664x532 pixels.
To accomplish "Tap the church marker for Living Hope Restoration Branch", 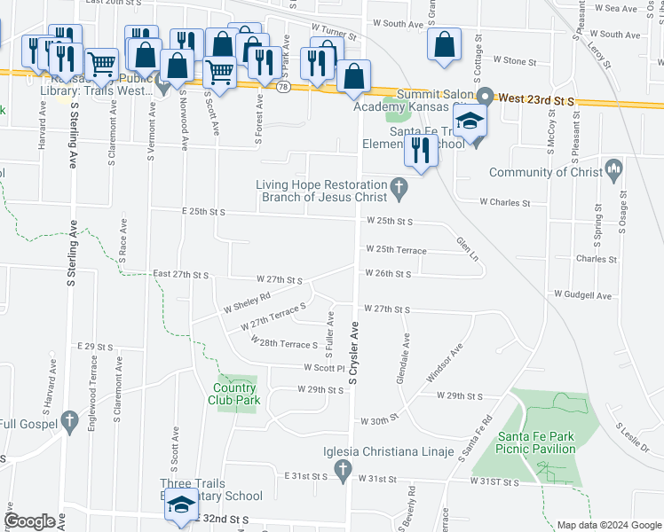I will [399, 187].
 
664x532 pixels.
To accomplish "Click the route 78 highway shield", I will [282, 86].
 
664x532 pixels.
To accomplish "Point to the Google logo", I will [29, 521].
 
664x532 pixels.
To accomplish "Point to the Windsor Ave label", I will [445, 364].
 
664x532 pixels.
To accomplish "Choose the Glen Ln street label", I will [467, 248].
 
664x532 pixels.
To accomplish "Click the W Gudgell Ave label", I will [582, 294].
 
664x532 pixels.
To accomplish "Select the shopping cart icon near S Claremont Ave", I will [102, 65].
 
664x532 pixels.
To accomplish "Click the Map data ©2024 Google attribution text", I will [608, 525].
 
